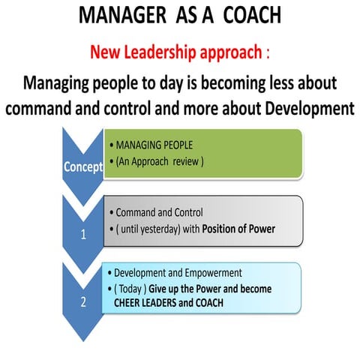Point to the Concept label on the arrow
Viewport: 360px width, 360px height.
pyautogui.click(x=82, y=166)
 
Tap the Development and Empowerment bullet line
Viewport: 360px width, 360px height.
pyautogui.click(x=172, y=273)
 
